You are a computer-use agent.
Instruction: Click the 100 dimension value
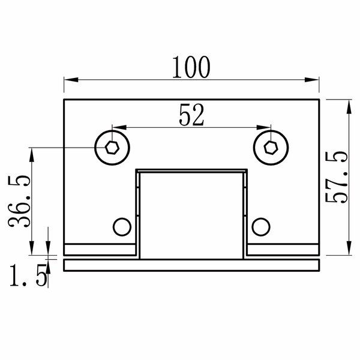(x=191, y=67)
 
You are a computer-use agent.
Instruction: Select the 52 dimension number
(x=191, y=115)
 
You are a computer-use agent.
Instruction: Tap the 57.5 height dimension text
(x=337, y=177)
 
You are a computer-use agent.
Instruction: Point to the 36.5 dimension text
(x=19, y=202)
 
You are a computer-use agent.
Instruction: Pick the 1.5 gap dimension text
(x=28, y=275)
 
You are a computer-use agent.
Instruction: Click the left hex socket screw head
(x=112, y=148)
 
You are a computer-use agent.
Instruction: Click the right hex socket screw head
(x=271, y=148)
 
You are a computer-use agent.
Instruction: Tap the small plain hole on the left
(x=122, y=227)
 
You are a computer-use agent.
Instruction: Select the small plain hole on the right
(x=261, y=227)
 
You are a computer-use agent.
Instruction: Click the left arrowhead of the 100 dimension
(x=71, y=80)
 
